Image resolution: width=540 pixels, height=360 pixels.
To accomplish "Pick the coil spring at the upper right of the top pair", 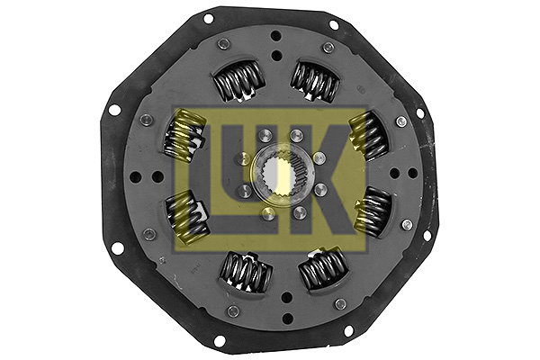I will click(x=314, y=80).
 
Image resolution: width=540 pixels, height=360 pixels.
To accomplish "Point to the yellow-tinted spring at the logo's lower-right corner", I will click(x=373, y=213).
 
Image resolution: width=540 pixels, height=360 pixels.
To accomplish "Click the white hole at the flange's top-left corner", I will click(x=209, y=18).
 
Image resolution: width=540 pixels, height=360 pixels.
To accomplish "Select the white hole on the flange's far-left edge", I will click(x=114, y=110).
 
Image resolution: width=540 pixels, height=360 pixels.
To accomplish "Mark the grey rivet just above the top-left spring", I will click(x=223, y=43).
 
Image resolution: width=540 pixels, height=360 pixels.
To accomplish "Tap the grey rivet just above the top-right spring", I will click(x=328, y=47).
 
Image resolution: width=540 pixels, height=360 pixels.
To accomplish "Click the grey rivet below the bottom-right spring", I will click(x=340, y=303).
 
